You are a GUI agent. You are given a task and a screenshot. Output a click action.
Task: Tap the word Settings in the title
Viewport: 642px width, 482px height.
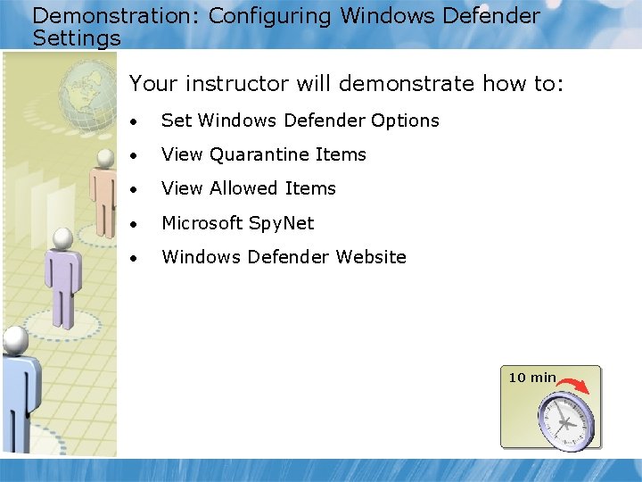pos(76,38)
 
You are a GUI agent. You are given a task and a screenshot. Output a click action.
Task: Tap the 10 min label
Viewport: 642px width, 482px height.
pos(531,378)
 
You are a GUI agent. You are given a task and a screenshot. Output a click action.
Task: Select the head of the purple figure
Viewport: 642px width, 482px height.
pos(62,238)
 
